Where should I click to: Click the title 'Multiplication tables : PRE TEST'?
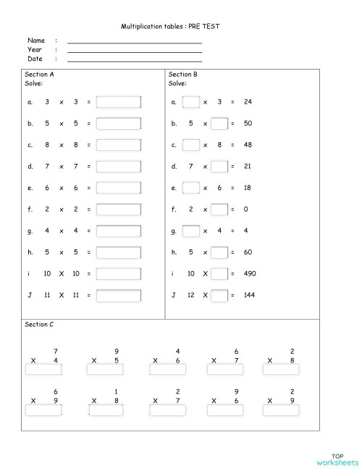click(x=170, y=26)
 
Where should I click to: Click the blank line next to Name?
click(x=135, y=43)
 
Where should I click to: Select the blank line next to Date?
click(x=135, y=60)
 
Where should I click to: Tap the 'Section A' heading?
click(x=39, y=74)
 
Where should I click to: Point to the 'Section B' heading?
click(x=183, y=74)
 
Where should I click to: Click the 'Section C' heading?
click(x=39, y=325)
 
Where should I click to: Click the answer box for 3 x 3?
click(x=119, y=102)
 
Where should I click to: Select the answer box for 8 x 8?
click(x=119, y=145)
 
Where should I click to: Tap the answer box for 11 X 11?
click(x=119, y=296)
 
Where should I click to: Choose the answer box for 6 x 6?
click(x=119, y=188)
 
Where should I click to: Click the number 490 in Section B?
click(x=251, y=274)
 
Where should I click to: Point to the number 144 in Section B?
click(x=251, y=296)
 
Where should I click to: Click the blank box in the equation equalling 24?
click(x=190, y=102)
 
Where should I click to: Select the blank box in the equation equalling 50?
click(x=219, y=124)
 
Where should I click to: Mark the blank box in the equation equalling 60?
click(x=219, y=253)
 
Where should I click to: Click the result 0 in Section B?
click(x=247, y=209)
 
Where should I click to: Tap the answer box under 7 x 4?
click(x=43, y=370)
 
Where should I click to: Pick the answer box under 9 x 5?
click(x=105, y=370)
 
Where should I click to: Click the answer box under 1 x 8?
click(x=105, y=410)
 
